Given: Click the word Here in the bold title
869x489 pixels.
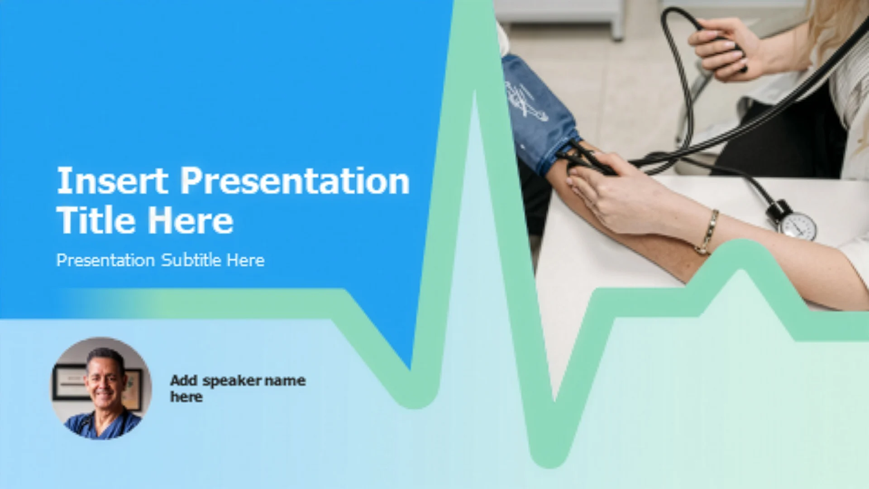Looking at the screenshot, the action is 191,220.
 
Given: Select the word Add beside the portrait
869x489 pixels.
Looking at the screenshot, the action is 184,380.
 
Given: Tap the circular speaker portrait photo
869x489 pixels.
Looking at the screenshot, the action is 101,388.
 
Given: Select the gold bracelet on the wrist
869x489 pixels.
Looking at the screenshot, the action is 708,232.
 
